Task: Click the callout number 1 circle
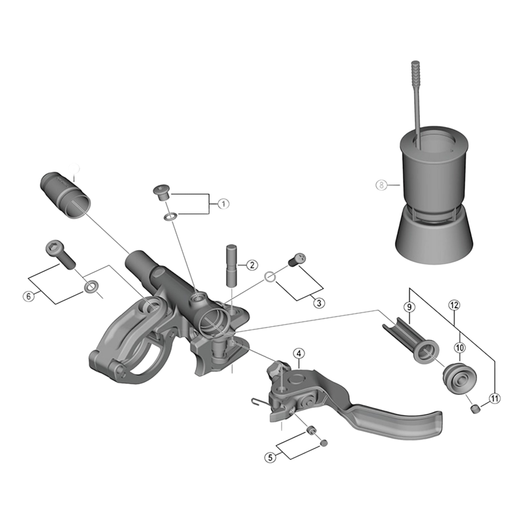coord(223,204)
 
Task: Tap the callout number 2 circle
coord(251,265)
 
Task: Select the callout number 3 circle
coord(318,303)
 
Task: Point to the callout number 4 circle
coord(298,354)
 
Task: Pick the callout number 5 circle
coord(271,458)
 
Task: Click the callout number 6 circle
coord(28,296)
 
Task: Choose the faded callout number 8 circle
coord(381,185)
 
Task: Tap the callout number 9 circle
coord(409,307)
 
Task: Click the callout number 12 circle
coord(454,305)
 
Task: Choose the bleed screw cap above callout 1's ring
coord(160,192)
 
